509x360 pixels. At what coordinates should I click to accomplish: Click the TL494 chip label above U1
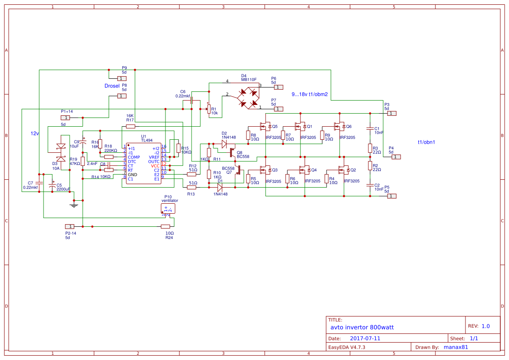pyautogui.click(x=147, y=140)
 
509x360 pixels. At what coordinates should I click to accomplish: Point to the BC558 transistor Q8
pyautogui.click(x=232, y=152)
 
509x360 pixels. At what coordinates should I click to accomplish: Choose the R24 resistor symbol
pyautogui.click(x=165, y=226)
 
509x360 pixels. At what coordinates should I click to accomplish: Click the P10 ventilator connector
pyautogui.click(x=168, y=209)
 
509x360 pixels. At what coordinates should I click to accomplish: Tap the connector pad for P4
pyautogui.click(x=396, y=157)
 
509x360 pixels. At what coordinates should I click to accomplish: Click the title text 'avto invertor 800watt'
pyautogui.click(x=362, y=327)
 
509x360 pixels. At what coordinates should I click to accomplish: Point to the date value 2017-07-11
pyautogui.click(x=365, y=338)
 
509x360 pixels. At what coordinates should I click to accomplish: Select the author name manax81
pyautogui.click(x=455, y=347)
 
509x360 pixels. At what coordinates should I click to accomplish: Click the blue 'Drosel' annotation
pyautogui.click(x=112, y=86)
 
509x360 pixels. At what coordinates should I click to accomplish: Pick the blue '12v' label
pyautogui.click(x=35, y=133)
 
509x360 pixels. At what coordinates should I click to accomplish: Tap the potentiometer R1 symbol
pyautogui.click(x=209, y=109)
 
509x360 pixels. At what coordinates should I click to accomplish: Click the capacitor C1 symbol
pyautogui.click(x=370, y=128)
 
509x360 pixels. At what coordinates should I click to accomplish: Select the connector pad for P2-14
pyautogui.click(x=70, y=226)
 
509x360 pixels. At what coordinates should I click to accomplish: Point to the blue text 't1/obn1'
pyautogui.click(x=426, y=142)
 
